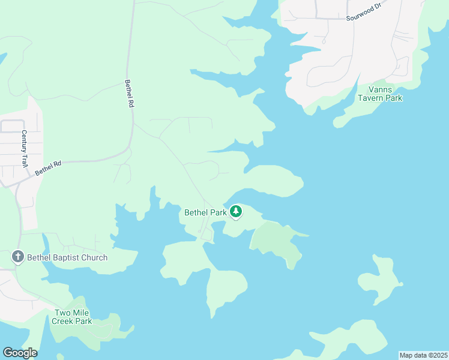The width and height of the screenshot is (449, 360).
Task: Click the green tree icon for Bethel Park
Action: click(x=237, y=211)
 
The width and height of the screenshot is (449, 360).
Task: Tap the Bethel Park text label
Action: click(x=205, y=212)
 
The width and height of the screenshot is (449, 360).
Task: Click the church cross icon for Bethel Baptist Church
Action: click(x=18, y=257)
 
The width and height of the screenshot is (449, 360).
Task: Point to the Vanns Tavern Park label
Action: click(x=380, y=94)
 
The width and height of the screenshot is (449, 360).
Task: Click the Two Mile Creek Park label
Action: click(x=72, y=317)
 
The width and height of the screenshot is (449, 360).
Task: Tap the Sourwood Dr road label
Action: click(x=364, y=16)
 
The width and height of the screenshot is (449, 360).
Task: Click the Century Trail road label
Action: click(x=25, y=148)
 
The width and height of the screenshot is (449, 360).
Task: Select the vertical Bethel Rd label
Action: click(x=128, y=94)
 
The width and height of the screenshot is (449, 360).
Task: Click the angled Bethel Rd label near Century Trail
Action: click(x=48, y=167)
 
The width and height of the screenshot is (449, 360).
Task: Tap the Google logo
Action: click(x=20, y=353)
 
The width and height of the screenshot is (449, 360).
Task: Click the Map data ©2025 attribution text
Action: click(x=423, y=355)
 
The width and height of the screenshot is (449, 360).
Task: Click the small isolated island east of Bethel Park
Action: click(x=379, y=281)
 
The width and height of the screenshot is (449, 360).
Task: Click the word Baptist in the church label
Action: click(x=67, y=257)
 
